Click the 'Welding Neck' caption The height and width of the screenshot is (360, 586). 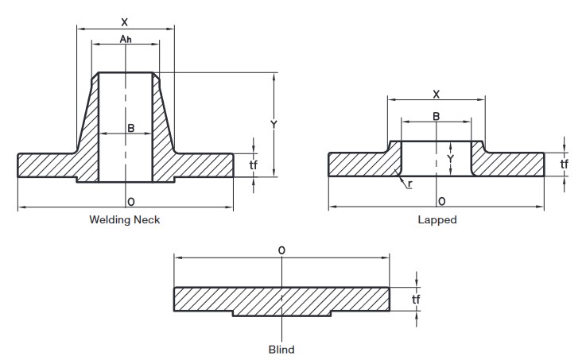pos(125,219)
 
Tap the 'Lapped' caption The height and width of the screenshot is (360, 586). pos(437,219)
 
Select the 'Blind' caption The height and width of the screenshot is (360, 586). pos(281,350)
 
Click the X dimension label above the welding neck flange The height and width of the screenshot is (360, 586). pos(125,22)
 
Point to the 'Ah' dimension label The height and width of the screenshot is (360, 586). pos(126,38)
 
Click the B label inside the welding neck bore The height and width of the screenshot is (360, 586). pos(131,128)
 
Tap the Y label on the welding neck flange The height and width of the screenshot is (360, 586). pos(274,124)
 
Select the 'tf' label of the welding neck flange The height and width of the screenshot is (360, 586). pos(253,165)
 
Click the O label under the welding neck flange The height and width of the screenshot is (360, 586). pos(131,202)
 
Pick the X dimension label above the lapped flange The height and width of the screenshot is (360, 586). pos(437,95)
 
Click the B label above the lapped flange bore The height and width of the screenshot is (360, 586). pos(437,117)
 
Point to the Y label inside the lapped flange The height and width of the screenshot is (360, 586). pos(451,159)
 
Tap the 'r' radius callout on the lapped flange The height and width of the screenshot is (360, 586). pos(410,184)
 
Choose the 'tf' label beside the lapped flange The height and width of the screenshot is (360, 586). pos(564,164)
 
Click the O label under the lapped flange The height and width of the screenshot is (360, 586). pos(442,202)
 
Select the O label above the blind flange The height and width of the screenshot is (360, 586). pos(281,250)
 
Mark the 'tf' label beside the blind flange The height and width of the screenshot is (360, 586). pos(416,299)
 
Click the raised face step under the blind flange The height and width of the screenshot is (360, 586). pos(281,314)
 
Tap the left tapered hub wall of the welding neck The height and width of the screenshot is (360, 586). pos(87,127)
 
